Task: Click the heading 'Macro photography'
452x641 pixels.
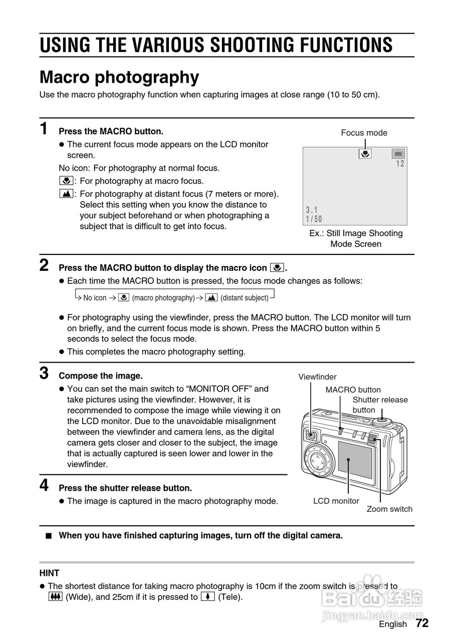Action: pos(119,78)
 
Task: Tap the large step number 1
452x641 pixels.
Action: pos(44,129)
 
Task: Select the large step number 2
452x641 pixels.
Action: pos(44,265)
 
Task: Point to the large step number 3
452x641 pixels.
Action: pos(44,373)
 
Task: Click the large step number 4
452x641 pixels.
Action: pos(44,485)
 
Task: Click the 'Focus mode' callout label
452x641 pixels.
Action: pos(364,133)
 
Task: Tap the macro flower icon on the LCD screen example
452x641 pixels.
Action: pos(365,154)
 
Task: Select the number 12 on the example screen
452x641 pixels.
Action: pos(400,164)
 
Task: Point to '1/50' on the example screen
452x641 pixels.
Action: pos(314,219)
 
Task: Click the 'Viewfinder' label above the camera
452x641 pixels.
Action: pos(317,377)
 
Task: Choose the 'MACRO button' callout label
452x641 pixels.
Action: pos(353,390)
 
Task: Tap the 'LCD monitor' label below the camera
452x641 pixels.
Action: pos(336,501)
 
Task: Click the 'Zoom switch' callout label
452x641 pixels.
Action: pos(389,509)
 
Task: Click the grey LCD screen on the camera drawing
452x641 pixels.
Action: pos(355,460)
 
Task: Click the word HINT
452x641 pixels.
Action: pos(49,573)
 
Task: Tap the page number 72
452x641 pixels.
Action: pos(422,623)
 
